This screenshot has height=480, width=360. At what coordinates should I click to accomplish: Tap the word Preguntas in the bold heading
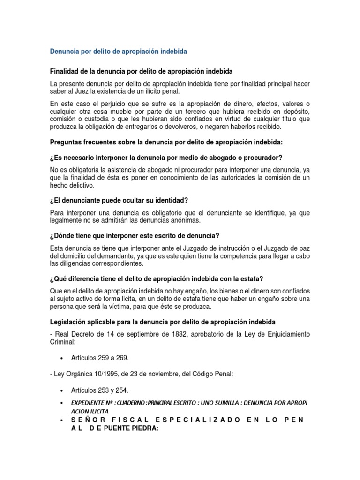point(66,142)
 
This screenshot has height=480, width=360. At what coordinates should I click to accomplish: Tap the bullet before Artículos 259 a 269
point(62,358)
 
